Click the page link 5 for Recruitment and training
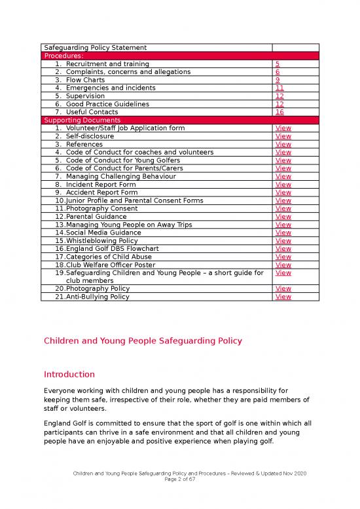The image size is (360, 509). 278,64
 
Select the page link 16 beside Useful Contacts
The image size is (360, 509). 280,112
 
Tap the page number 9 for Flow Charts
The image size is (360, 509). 278,80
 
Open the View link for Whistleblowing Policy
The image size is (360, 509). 283,240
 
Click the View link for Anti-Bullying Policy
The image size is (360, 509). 283,297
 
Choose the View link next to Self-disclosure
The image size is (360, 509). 283,136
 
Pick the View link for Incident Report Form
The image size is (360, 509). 283,185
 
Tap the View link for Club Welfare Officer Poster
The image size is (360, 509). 283,265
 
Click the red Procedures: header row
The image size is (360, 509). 180,56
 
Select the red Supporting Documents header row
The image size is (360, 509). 180,121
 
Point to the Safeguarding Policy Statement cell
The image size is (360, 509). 94,47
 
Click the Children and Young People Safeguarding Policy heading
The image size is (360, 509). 143,341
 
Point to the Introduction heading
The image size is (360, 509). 69,375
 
